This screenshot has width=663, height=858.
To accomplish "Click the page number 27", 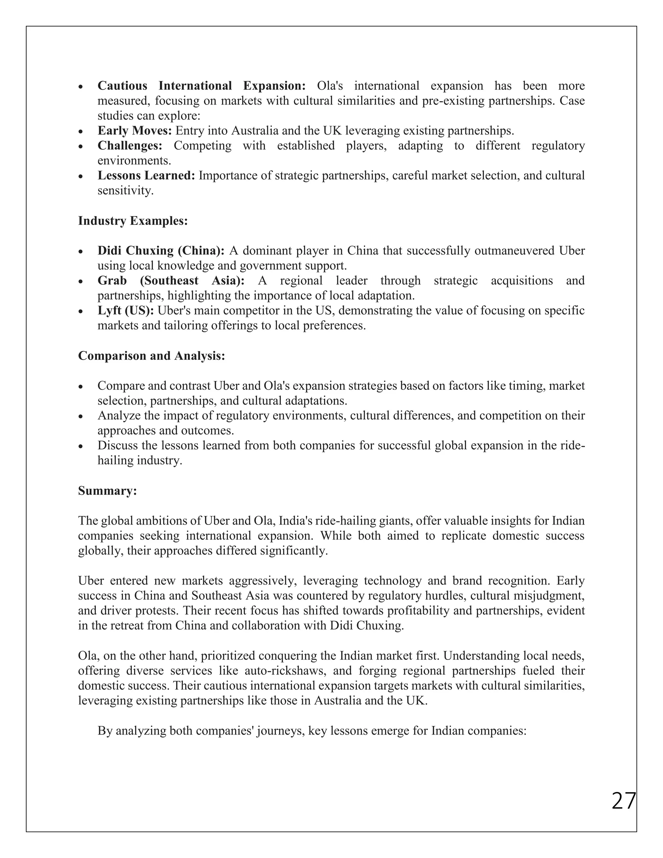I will point(623,801).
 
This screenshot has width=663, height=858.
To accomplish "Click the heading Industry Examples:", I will point(133,221).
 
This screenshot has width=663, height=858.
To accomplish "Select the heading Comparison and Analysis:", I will point(151,356).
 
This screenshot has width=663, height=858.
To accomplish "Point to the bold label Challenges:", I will point(129,145).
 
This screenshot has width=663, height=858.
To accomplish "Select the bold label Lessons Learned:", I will point(146,175).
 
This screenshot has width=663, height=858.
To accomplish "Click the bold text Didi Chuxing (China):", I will point(161,250).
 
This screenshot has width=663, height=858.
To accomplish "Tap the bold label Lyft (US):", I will point(126,310).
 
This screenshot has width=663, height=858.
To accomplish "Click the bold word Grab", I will point(112,280).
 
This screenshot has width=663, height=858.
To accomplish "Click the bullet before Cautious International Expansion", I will point(81,86).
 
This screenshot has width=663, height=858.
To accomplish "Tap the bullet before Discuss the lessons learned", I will point(81,446).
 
